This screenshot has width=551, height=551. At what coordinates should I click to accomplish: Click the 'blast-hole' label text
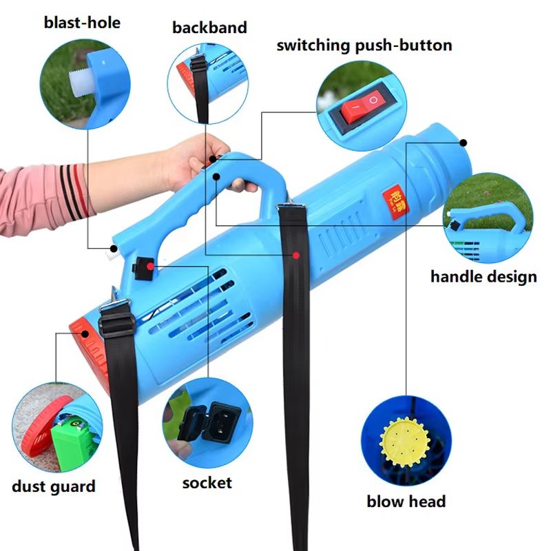81,23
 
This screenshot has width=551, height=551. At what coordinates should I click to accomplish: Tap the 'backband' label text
209,28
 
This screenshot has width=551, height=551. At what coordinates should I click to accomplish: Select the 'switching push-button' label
364,45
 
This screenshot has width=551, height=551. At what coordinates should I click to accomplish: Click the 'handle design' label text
484,277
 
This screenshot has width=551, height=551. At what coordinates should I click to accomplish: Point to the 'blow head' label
406,501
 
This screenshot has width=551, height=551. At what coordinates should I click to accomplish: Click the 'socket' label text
207,483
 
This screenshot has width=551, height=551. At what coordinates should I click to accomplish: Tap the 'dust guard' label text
54,486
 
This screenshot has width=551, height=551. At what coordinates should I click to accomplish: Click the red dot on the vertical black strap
295,256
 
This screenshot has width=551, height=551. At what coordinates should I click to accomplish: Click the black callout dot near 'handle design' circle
463,143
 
